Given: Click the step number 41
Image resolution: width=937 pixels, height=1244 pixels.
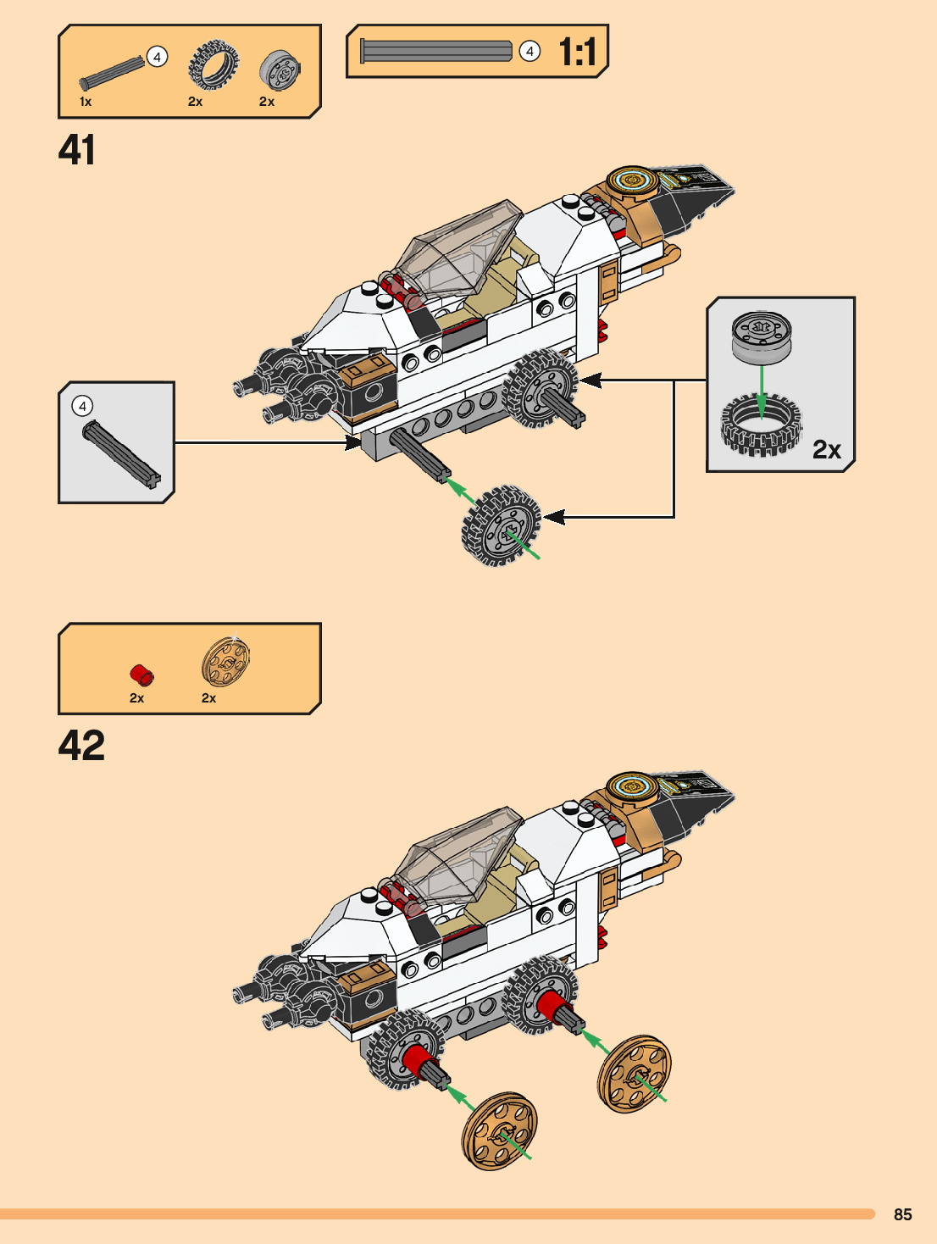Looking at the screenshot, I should pos(77,151).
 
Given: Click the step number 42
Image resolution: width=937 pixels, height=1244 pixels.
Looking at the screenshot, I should pos(81,746).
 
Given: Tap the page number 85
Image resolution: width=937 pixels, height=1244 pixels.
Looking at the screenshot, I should pos(902,1214).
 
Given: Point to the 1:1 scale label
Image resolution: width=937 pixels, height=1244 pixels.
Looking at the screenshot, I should pos(578,53).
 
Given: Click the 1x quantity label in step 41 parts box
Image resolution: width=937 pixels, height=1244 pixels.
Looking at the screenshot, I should pos(86,102).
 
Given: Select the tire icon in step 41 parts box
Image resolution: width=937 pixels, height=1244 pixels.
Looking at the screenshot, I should pos(213,65).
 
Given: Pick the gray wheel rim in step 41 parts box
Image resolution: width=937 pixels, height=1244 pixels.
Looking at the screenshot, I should pos(280,69).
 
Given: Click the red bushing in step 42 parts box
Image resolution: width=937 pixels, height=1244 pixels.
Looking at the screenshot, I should pos(141,675).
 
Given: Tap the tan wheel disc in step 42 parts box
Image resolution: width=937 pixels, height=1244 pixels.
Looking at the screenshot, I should pos(225,661).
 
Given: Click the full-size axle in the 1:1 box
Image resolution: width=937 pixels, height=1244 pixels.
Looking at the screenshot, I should pos(436,51).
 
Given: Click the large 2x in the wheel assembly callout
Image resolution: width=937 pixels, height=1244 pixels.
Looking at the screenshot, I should pos(826,449).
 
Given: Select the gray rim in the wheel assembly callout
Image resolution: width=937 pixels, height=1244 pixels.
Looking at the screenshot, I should pos(762,336).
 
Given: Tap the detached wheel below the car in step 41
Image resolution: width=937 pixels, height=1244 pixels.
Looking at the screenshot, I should pos(502,525).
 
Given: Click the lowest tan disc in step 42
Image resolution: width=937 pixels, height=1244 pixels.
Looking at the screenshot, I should pos(500,1130).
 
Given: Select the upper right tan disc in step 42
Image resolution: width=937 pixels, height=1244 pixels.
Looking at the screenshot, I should pos(634,1073).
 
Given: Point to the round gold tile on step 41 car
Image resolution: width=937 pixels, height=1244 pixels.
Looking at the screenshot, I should pos(632,180).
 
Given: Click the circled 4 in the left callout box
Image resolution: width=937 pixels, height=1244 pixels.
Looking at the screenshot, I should pos(82,406).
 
